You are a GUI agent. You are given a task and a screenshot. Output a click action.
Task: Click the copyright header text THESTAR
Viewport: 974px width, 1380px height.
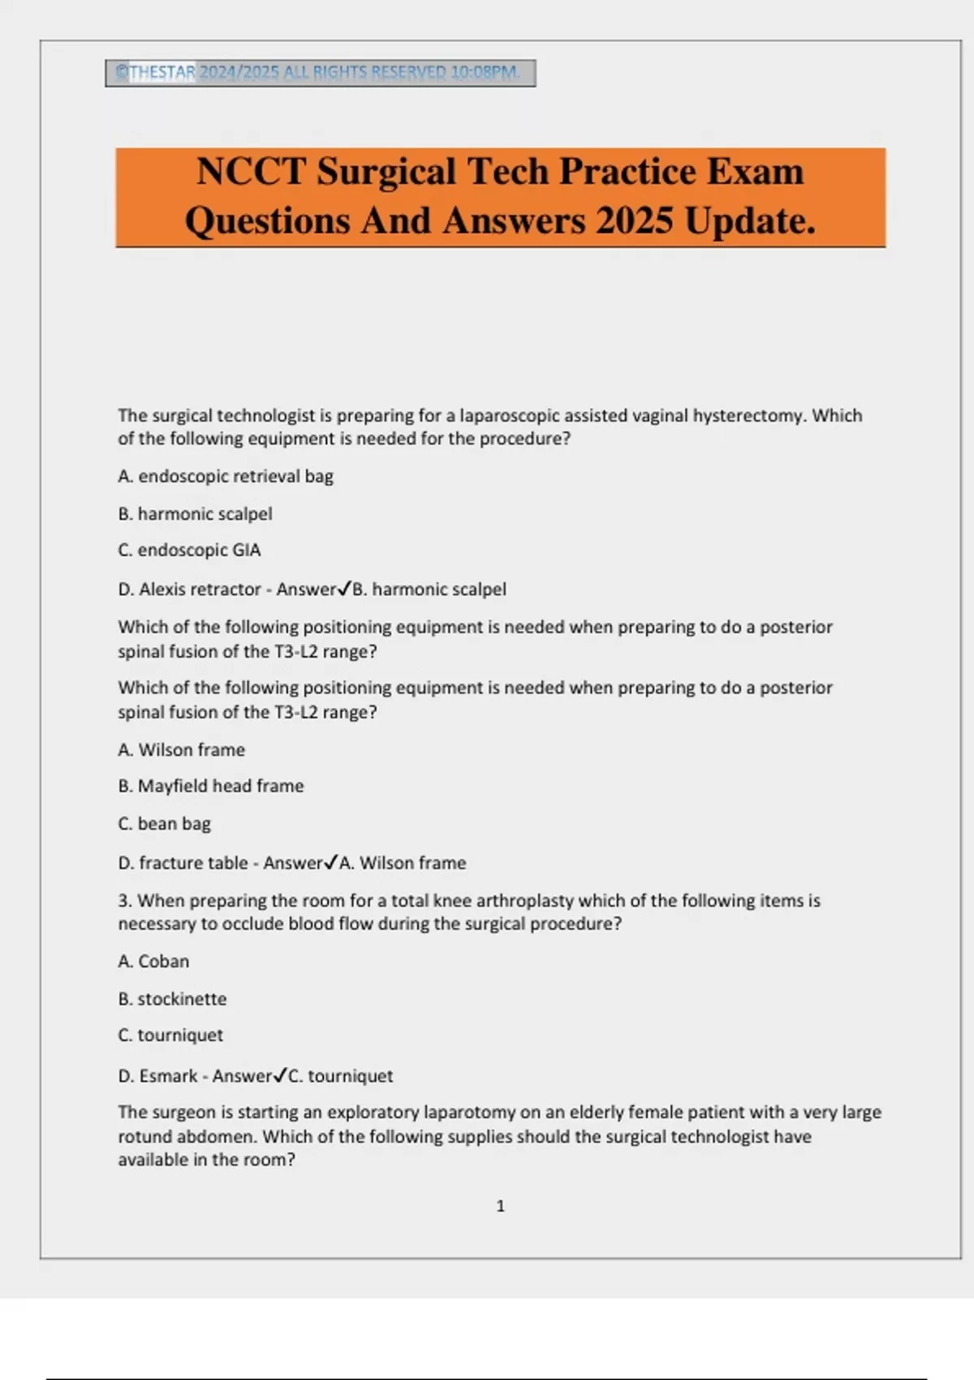pyautogui.click(x=162, y=72)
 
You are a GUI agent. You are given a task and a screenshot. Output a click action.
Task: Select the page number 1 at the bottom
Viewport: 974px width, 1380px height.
pyautogui.click(x=500, y=1206)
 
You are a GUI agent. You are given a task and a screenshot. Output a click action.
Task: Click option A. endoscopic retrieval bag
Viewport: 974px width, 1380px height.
pyautogui.click(x=226, y=477)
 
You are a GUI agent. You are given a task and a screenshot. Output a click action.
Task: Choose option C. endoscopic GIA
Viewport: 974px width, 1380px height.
pyautogui.click(x=189, y=550)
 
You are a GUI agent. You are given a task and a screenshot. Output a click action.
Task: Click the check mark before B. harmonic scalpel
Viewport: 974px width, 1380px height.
pyautogui.click(x=344, y=589)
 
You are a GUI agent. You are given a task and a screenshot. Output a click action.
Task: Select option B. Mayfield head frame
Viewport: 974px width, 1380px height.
pyautogui.click(x=211, y=786)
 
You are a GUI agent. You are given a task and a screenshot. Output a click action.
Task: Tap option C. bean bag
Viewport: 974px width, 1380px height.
pyautogui.click(x=164, y=824)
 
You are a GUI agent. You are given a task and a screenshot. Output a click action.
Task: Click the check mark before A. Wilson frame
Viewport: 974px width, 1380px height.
pyautogui.click(x=331, y=862)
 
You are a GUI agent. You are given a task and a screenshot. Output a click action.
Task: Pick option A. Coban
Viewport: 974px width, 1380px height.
pyautogui.click(x=153, y=961)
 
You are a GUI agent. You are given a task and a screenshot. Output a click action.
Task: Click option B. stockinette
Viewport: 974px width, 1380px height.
pyautogui.click(x=172, y=999)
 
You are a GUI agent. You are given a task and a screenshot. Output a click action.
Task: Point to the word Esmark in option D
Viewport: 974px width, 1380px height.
pyautogui.click(x=168, y=1076)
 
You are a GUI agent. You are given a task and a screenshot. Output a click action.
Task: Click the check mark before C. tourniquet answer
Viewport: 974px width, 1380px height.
pyautogui.click(x=280, y=1076)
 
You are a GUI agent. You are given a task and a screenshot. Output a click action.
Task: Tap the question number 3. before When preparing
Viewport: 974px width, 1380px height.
pyautogui.click(x=125, y=901)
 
